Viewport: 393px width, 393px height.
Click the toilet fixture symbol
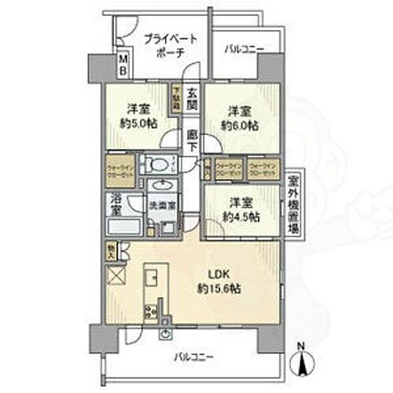[157, 165]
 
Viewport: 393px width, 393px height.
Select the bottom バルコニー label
[193, 358]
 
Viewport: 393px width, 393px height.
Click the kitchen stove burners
[149, 313]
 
